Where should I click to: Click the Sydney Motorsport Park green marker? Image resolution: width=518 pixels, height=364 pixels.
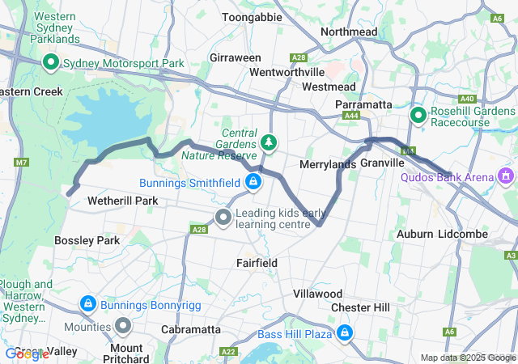[x=50, y=63]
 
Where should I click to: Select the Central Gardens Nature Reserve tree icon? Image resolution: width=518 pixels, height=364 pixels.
[x=269, y=143]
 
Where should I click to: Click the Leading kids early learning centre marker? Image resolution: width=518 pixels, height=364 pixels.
[x=223, y=217]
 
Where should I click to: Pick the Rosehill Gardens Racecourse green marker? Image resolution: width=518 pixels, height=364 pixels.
[x=418, y=116]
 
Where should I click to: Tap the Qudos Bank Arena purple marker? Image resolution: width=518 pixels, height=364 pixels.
[x=507, y=175]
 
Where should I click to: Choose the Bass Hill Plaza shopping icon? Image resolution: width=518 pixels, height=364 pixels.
[x=345, y=332]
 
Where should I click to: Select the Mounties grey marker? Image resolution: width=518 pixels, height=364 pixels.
[x=123, y=326]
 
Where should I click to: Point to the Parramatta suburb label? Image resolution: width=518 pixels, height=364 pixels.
[x=363, y=105]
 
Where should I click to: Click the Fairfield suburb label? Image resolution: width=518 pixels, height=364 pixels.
[x=257, y=263]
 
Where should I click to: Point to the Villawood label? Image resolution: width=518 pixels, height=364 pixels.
[x=317, y=294]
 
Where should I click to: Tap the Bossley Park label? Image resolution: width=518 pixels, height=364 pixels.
[x=87, y=240]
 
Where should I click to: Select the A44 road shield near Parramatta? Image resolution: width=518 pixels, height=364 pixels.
[x=351, y=116]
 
